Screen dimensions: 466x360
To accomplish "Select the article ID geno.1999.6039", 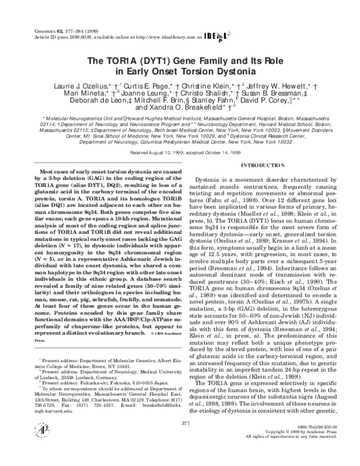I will [75, 20].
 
